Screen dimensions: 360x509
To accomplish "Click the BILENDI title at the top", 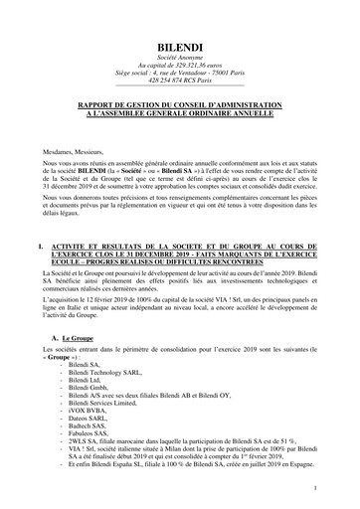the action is tap(180, 47).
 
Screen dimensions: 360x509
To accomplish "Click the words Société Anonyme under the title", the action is tap(180, 62).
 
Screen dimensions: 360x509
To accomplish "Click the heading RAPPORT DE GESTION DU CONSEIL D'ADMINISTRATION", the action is tap(180, 103).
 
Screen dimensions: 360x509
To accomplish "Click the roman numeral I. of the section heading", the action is tap(38, 244).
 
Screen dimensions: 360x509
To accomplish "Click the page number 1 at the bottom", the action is tap(314, 487).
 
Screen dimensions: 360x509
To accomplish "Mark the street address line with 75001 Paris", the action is tap(180, 79).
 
